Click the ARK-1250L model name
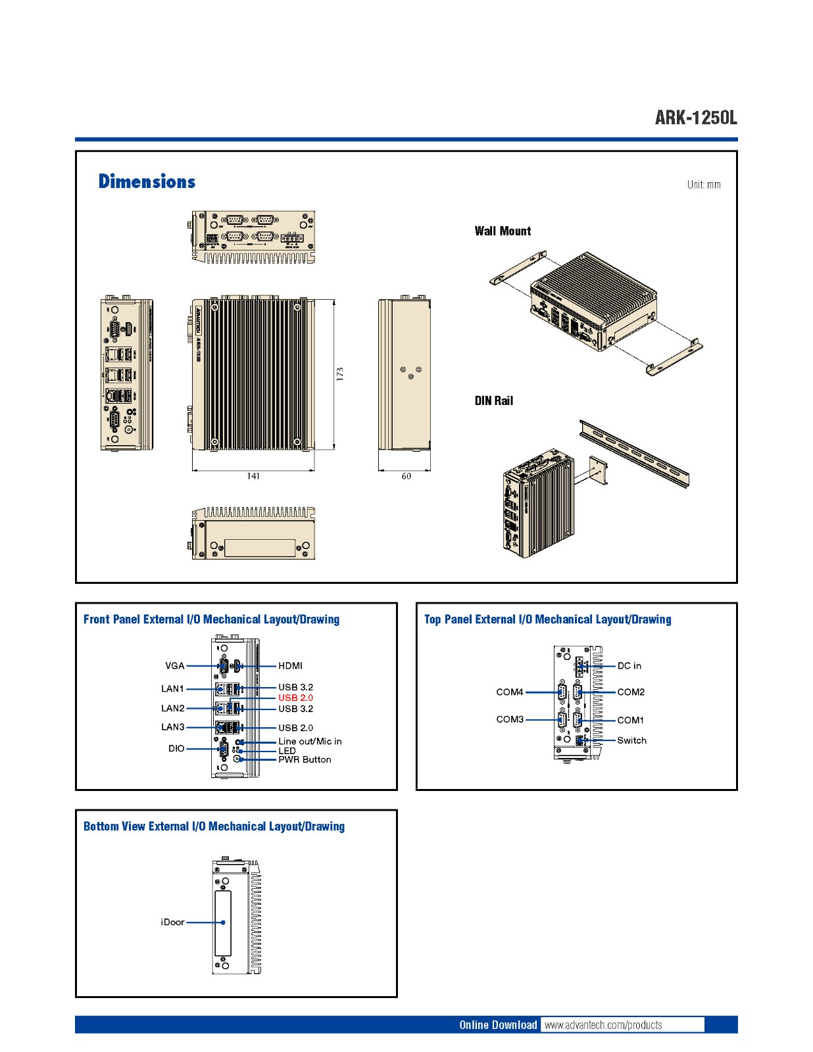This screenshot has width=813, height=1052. pyautogui.click(x=696, y=118)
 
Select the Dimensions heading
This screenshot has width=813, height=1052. pyautogui.click(x=147, y=181)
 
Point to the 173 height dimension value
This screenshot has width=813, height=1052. pyautogui.click(x=340, y=374)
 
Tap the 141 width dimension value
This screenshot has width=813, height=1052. pyautogui.click(x=253, y=476)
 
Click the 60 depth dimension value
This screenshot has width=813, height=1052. pyautogui.click(x=406, y=476)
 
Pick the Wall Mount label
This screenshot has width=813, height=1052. pyautogui.click(x=503, y=231)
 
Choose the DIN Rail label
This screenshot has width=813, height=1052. pyautogui.click(x=493, y=400)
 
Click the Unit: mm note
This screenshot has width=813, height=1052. pyautogui.click(x=704, y=185)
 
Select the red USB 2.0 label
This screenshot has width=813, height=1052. pyautogui.click(x=295, y=698)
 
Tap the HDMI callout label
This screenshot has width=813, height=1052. pyautogui.click(x=290, y=666)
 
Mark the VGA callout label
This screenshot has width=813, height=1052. pyautogui.click(x=174, y=666)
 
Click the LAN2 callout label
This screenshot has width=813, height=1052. pyautogui.click(x=173, y=708)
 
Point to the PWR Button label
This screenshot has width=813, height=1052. pyautogui.click(x=305, y=759)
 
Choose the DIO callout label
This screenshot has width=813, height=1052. pyautogui.click(x=176, y=748)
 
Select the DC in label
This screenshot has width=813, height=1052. pyautogui.click(x=629, y=666)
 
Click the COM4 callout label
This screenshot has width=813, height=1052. pyautogui.click(x=510, y=692)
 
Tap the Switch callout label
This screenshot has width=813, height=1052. pyautogui.click(x=631, y=740)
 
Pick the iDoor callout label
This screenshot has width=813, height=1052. pyautogui.click(x=172, y=922)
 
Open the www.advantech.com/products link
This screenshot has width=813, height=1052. pyautogui.click(x=603, y=1025)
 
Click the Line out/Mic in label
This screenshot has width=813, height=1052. pyautogui.click(x=310, y=741)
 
